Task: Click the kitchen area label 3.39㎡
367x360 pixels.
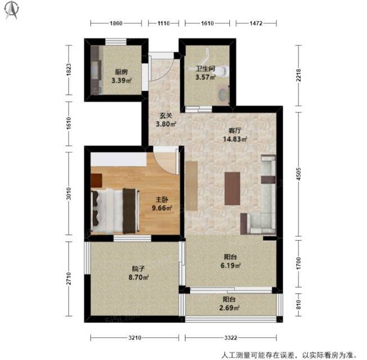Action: point(121,80)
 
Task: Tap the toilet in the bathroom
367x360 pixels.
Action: point(223,70)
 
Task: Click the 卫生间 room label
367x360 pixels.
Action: point(206,69)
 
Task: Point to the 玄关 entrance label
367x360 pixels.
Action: point(166,116)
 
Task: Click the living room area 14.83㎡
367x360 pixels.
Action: point(235,139)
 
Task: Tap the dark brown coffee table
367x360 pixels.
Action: point(232,188)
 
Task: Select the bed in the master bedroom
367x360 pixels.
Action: point(115,211)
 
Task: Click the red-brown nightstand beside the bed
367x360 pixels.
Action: point(97,181)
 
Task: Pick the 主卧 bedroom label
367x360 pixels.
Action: point(162,200)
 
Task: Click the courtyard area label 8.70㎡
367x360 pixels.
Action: point(138,277)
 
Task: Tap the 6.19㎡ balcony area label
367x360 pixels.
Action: point(230,265)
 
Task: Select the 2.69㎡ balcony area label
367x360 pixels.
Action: point(229,308)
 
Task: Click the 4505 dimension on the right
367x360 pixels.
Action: point(298,174)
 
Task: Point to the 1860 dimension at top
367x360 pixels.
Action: point(116,23)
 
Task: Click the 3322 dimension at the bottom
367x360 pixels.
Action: point(231,337)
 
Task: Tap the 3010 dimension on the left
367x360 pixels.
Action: point(69,193)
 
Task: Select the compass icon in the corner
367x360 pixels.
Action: point(12,10)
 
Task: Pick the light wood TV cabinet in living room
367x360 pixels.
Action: point(192,186)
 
